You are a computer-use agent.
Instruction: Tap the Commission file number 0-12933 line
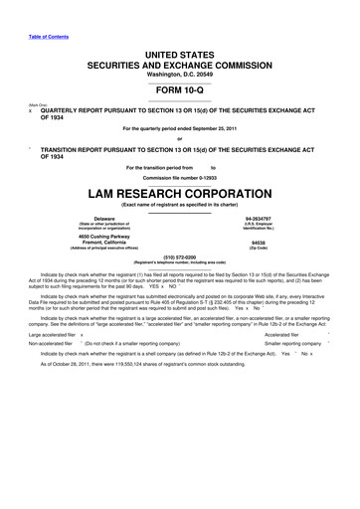point(180,177)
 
